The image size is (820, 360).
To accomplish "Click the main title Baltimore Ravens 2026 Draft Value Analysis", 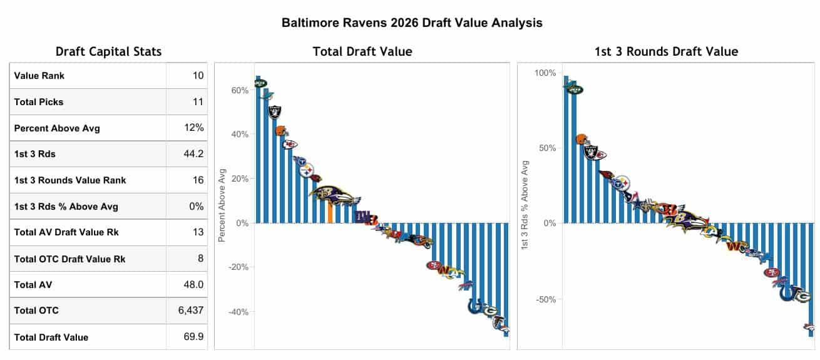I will click(x=411, y=23).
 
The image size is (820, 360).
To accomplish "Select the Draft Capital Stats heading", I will click(x=108, y=52).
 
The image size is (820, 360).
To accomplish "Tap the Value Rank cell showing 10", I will click(x=198, y=76).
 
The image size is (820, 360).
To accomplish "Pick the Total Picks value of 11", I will click(x=198, y=101).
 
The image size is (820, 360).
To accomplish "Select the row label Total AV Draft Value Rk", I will click(x=66, y=232).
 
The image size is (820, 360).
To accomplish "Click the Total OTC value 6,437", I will click(x=191, y=310).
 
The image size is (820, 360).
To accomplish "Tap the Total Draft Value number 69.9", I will click(x=193, y=337).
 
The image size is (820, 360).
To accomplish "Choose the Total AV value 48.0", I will click(x=193, y=284).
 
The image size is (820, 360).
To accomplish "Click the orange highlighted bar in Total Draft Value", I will click(x=331, y=212).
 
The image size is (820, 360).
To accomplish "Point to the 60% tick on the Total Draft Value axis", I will click(x=240, y=90).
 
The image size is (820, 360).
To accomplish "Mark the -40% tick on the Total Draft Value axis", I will click(x=238, y=312).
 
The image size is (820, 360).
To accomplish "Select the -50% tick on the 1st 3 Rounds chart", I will click(x=545, y=299).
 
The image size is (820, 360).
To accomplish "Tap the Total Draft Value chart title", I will click(x=362, y=52).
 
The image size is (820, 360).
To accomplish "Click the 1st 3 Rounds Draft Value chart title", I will click(x=666, y=52).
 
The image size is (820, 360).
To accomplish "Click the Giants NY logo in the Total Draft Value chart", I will click(x=361, y=217).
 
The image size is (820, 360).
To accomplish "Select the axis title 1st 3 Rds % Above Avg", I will click(x=526, y=206).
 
